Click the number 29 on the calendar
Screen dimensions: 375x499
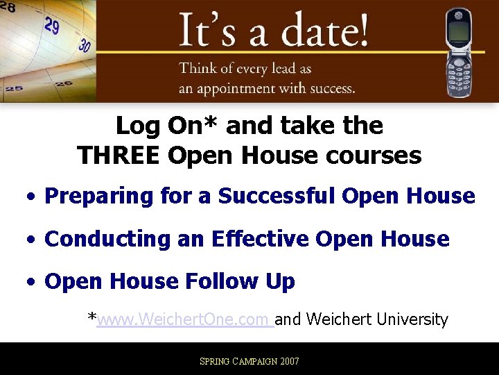[x=52, y=26]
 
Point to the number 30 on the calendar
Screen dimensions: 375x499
[x=85, y=45]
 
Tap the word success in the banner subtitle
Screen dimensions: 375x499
[x=325, y=88]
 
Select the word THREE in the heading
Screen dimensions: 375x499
[x=119, y=155]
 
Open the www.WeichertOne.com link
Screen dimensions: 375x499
[x=183, y=319]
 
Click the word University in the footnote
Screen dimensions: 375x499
[x=410, y=319]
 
